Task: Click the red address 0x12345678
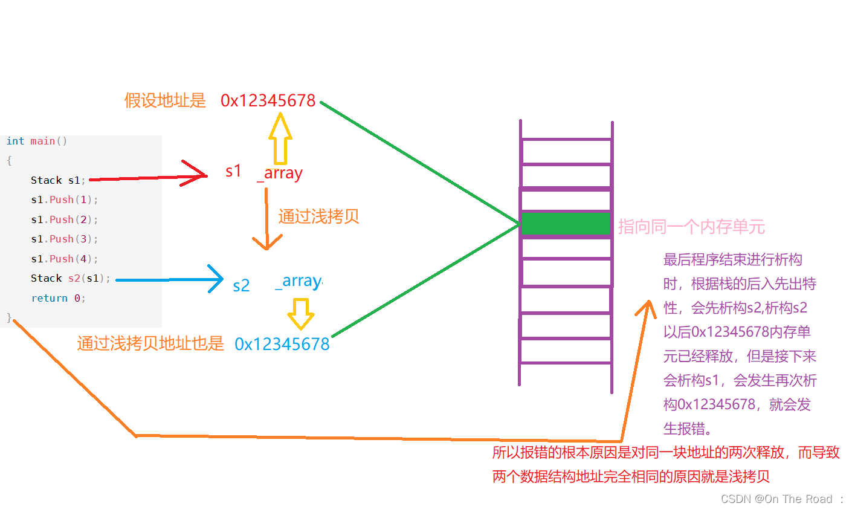(268, 100)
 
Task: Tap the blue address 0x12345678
(282, 344)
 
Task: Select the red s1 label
(233, 171)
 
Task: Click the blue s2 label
(241, 285)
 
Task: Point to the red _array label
(280, 173)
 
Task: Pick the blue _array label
(299, 281)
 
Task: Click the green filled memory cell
(566, 223)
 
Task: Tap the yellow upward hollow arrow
(280, 139)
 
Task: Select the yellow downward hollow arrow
(300, 313)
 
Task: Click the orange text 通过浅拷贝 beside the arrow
(318, 216)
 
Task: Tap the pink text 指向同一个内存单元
(691, 227)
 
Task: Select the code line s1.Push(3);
(65, 239)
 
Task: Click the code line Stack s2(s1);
(71, 278)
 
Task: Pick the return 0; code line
(58, 298)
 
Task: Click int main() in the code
(37, 141)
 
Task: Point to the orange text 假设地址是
(165, 100)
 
